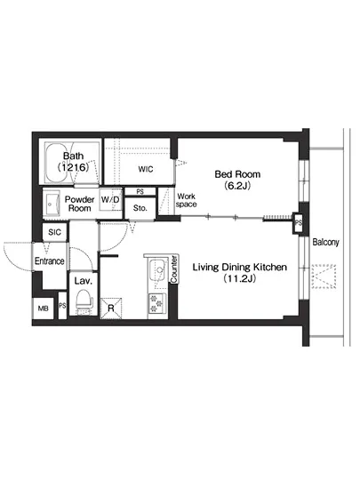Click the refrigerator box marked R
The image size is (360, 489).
(110, 309)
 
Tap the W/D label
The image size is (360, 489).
(111, 200)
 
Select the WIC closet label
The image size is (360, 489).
(148, 169)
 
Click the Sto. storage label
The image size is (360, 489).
(140, 208)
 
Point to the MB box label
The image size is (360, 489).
(43, 308)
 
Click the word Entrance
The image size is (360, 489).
(50, 261)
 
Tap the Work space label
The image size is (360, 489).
(187, 200)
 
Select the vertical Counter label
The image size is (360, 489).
(174, 271)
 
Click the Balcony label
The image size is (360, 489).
(324, 241)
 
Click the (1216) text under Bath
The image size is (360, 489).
(73, 167)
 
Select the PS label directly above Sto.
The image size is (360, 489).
(140, 190)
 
